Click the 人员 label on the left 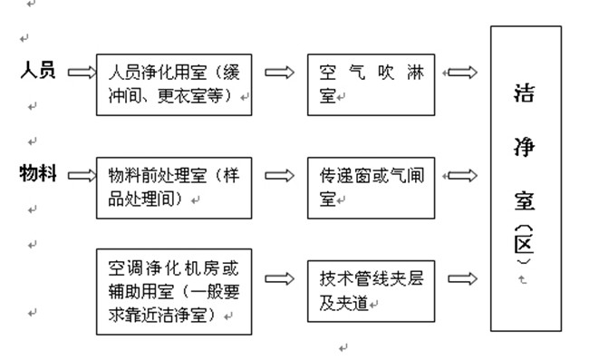click(x=38, y=71)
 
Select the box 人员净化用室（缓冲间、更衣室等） click(x=174, y=83)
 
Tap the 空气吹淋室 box click(x=371, y=83)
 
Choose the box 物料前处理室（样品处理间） click(x=174, y=188)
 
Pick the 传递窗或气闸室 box click(x=371, y=188)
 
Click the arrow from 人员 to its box click(x=81, y=71)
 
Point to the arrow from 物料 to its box click(x=81, y=174)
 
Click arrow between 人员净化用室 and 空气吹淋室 click(x=279, y=72)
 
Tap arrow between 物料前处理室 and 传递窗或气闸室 click(x=279, y=175)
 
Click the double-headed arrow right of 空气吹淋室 click(x=462, y=72)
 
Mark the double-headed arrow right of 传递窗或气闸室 click(x=462, y=175)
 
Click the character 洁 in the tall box click(x=523, y=92)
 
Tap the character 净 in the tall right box click(x=523, y=147)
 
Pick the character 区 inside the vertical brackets click(x=523, y=247)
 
